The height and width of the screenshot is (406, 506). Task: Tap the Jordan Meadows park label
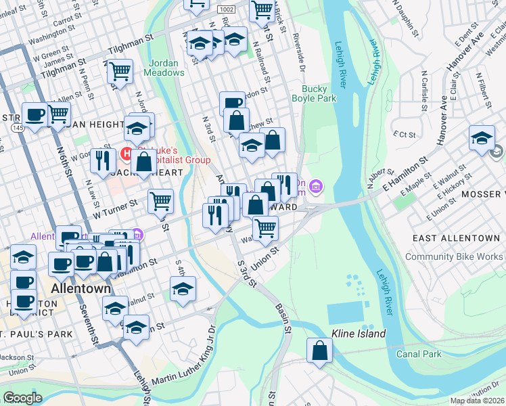162,68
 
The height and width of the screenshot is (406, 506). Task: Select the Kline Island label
358,334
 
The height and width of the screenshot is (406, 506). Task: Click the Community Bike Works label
454,256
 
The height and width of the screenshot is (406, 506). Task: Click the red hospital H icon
126,154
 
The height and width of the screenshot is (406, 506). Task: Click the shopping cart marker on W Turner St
160,200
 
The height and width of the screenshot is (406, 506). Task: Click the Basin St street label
282,313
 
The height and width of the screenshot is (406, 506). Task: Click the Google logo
22,398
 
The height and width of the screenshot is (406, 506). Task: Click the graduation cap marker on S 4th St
183,289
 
